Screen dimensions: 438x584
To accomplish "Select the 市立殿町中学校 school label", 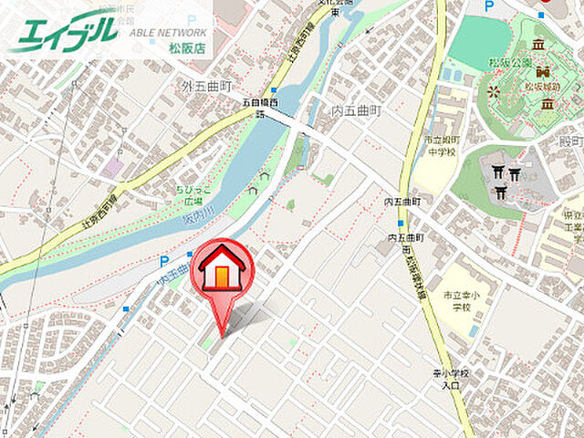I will coord(436,147).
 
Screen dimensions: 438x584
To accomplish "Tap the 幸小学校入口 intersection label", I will coord(450,380).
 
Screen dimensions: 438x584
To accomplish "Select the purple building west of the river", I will coord(113,166).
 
